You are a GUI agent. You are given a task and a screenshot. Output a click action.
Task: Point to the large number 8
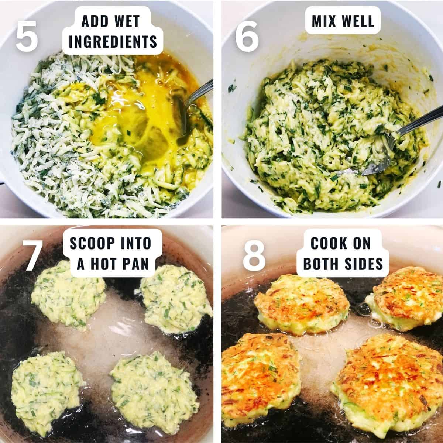pyautogui.click(x=254, y=255)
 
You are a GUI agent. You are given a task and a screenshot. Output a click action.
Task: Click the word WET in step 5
pyautogui.click(x=124, y=21)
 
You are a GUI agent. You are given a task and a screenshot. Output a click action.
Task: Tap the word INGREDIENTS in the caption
pyautogui.click(x=113, y=42)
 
